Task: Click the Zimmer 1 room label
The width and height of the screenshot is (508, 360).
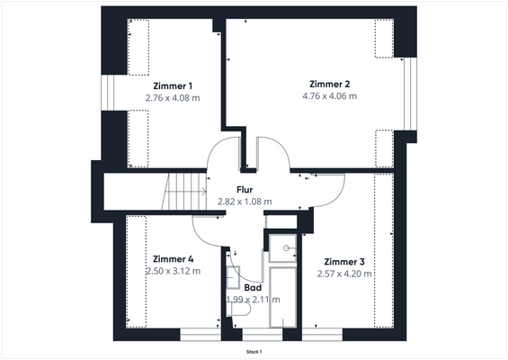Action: click(x=173, y=85)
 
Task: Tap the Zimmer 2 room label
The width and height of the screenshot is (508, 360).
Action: click(x=329, y=84)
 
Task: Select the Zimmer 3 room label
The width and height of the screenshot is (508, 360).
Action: click(x=344, y=261)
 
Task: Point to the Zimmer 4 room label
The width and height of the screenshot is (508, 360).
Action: click(x=173, y=259)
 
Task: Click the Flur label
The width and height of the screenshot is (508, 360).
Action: click(x=245, y=189)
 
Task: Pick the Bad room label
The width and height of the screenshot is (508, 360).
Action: click(x=253, y=287)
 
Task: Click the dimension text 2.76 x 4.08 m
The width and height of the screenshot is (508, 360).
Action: click(x=173, y=97)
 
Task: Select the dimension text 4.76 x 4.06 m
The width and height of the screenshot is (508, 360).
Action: click(x=329, y=96)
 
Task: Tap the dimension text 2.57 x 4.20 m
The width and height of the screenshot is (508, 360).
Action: click(x=344, y=274)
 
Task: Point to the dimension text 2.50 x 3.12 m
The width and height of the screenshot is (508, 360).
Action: click(x=173, y=271)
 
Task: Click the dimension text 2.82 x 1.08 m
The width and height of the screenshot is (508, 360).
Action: click(x=245, y=202)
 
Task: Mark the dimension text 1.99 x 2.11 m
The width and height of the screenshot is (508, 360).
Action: click(x=253, y=300)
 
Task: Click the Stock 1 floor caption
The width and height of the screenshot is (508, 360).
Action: click(x=254, y=352)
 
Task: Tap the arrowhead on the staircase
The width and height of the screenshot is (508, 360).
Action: click(x=204, y=192)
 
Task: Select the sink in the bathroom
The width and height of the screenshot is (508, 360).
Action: click(x=233, y=277)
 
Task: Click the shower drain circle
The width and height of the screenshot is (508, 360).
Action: click(x=286, y=248)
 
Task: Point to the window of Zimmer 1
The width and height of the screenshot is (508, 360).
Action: click(x=108, y=93)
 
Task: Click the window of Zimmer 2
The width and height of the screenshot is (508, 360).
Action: click(x=410, y=94)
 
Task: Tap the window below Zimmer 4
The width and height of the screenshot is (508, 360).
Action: click(x=201, y=335)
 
